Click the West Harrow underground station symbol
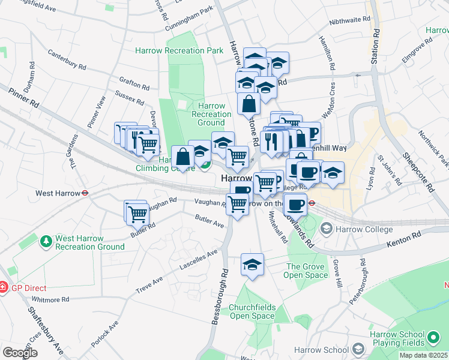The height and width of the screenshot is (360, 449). tap(85, 193)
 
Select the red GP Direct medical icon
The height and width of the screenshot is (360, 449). tap(2, 288)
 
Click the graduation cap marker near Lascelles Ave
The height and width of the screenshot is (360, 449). tap(252, 264)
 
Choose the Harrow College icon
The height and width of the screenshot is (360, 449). tap(327, 229)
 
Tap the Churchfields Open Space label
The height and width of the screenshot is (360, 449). tap(252, 311)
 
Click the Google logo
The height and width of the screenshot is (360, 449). tap(20, 353)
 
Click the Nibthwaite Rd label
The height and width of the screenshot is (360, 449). tap(349, 20)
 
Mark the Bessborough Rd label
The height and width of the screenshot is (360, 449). tap(220, 296)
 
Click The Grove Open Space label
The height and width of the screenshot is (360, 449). tap(306, 271)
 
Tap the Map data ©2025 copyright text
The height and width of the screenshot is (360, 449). tap(423, 355)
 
